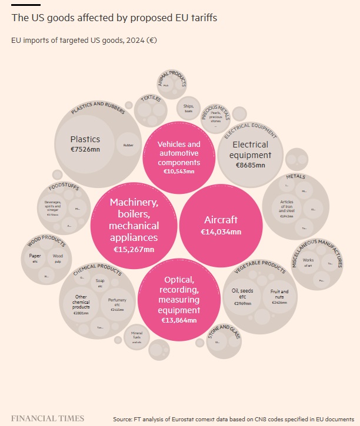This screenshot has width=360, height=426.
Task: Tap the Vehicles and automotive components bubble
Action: coord(179,157)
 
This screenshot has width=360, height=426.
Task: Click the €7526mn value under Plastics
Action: coord(85,150)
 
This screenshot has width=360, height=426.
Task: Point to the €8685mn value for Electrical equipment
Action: coord(250,165)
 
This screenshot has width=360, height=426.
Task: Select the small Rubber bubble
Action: coord(128,145)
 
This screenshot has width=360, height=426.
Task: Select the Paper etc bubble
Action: coord(35,259)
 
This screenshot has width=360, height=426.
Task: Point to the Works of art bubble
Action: coord(308,262)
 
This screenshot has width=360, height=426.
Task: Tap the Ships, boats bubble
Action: coord(188,108)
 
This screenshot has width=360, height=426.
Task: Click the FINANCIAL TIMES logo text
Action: coord(48,418)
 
